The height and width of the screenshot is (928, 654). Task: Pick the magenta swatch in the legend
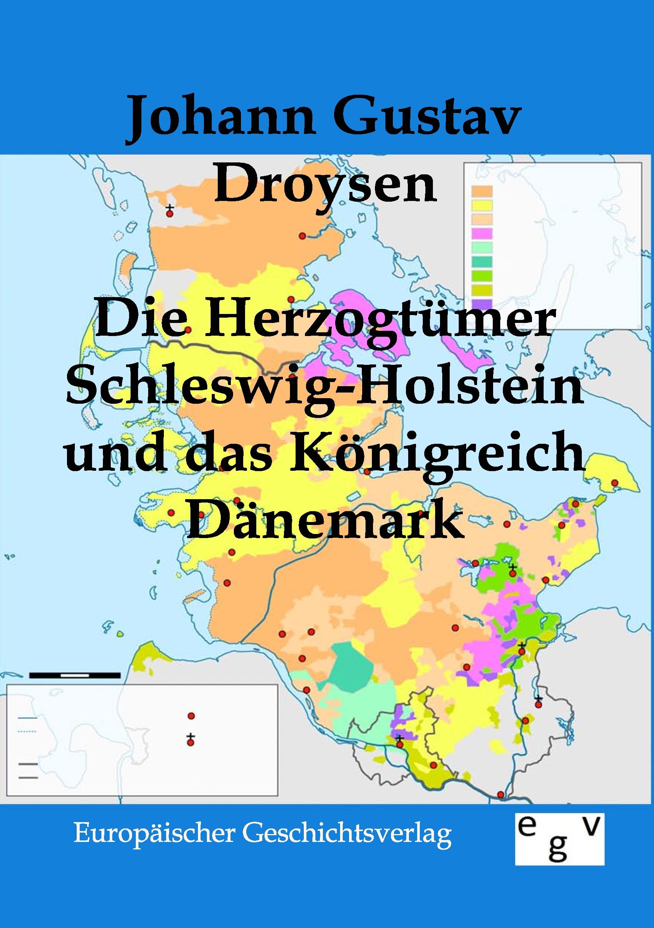[x=481, y=233]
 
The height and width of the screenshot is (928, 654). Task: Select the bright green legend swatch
[x=481, y=276]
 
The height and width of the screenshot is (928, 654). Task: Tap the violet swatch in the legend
[x=481, y=303]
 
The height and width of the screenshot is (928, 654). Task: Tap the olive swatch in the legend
[x=481, y=289]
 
